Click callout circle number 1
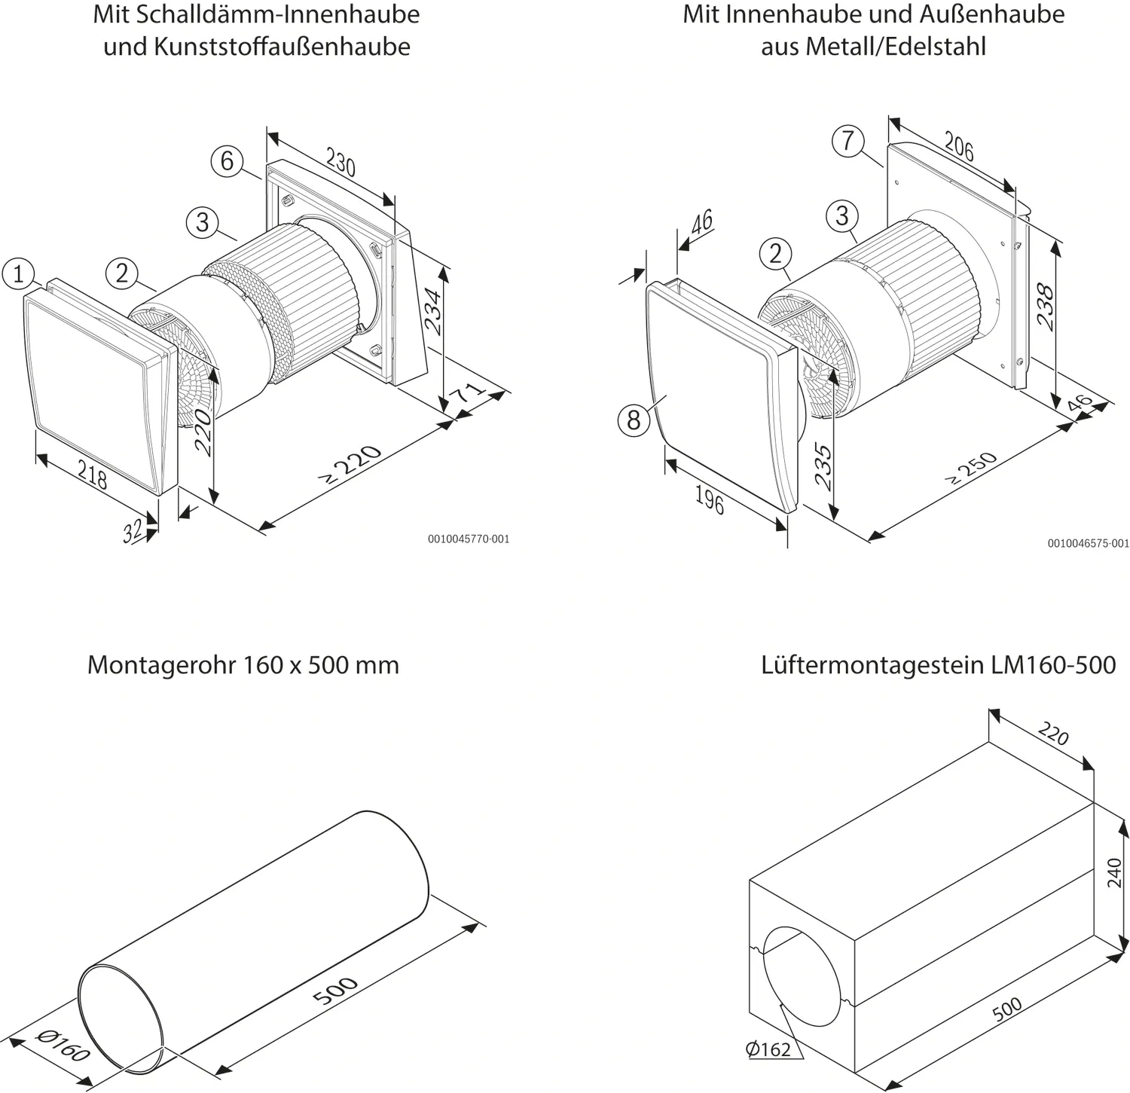click(x=18, y=273)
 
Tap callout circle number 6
click(x=228, y=160)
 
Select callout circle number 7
click(x=848, y=141)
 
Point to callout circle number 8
click(x=634, y=419)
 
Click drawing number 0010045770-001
click(x=468, y=539)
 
